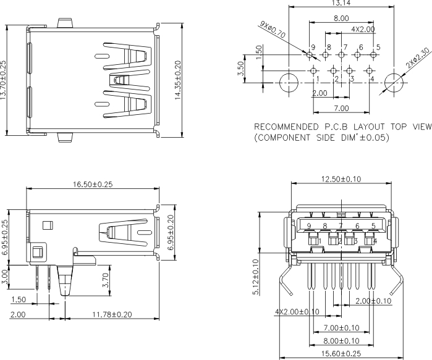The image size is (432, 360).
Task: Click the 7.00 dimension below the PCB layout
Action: pos(341,108)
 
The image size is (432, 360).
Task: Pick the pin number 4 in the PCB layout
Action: pos(372,79)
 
